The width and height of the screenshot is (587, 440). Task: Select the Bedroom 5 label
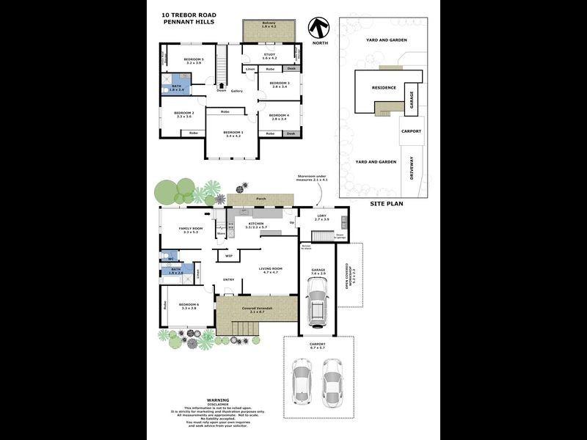194,59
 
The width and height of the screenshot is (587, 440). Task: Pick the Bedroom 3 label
279,84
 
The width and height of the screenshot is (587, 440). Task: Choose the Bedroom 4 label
279,115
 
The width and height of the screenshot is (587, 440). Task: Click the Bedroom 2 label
183,113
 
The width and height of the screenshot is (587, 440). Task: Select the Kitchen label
255,223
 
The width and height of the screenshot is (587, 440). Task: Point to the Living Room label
270,268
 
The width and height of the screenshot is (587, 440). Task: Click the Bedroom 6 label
188,304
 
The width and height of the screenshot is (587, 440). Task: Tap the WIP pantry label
229,255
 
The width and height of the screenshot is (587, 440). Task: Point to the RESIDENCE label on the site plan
384,87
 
